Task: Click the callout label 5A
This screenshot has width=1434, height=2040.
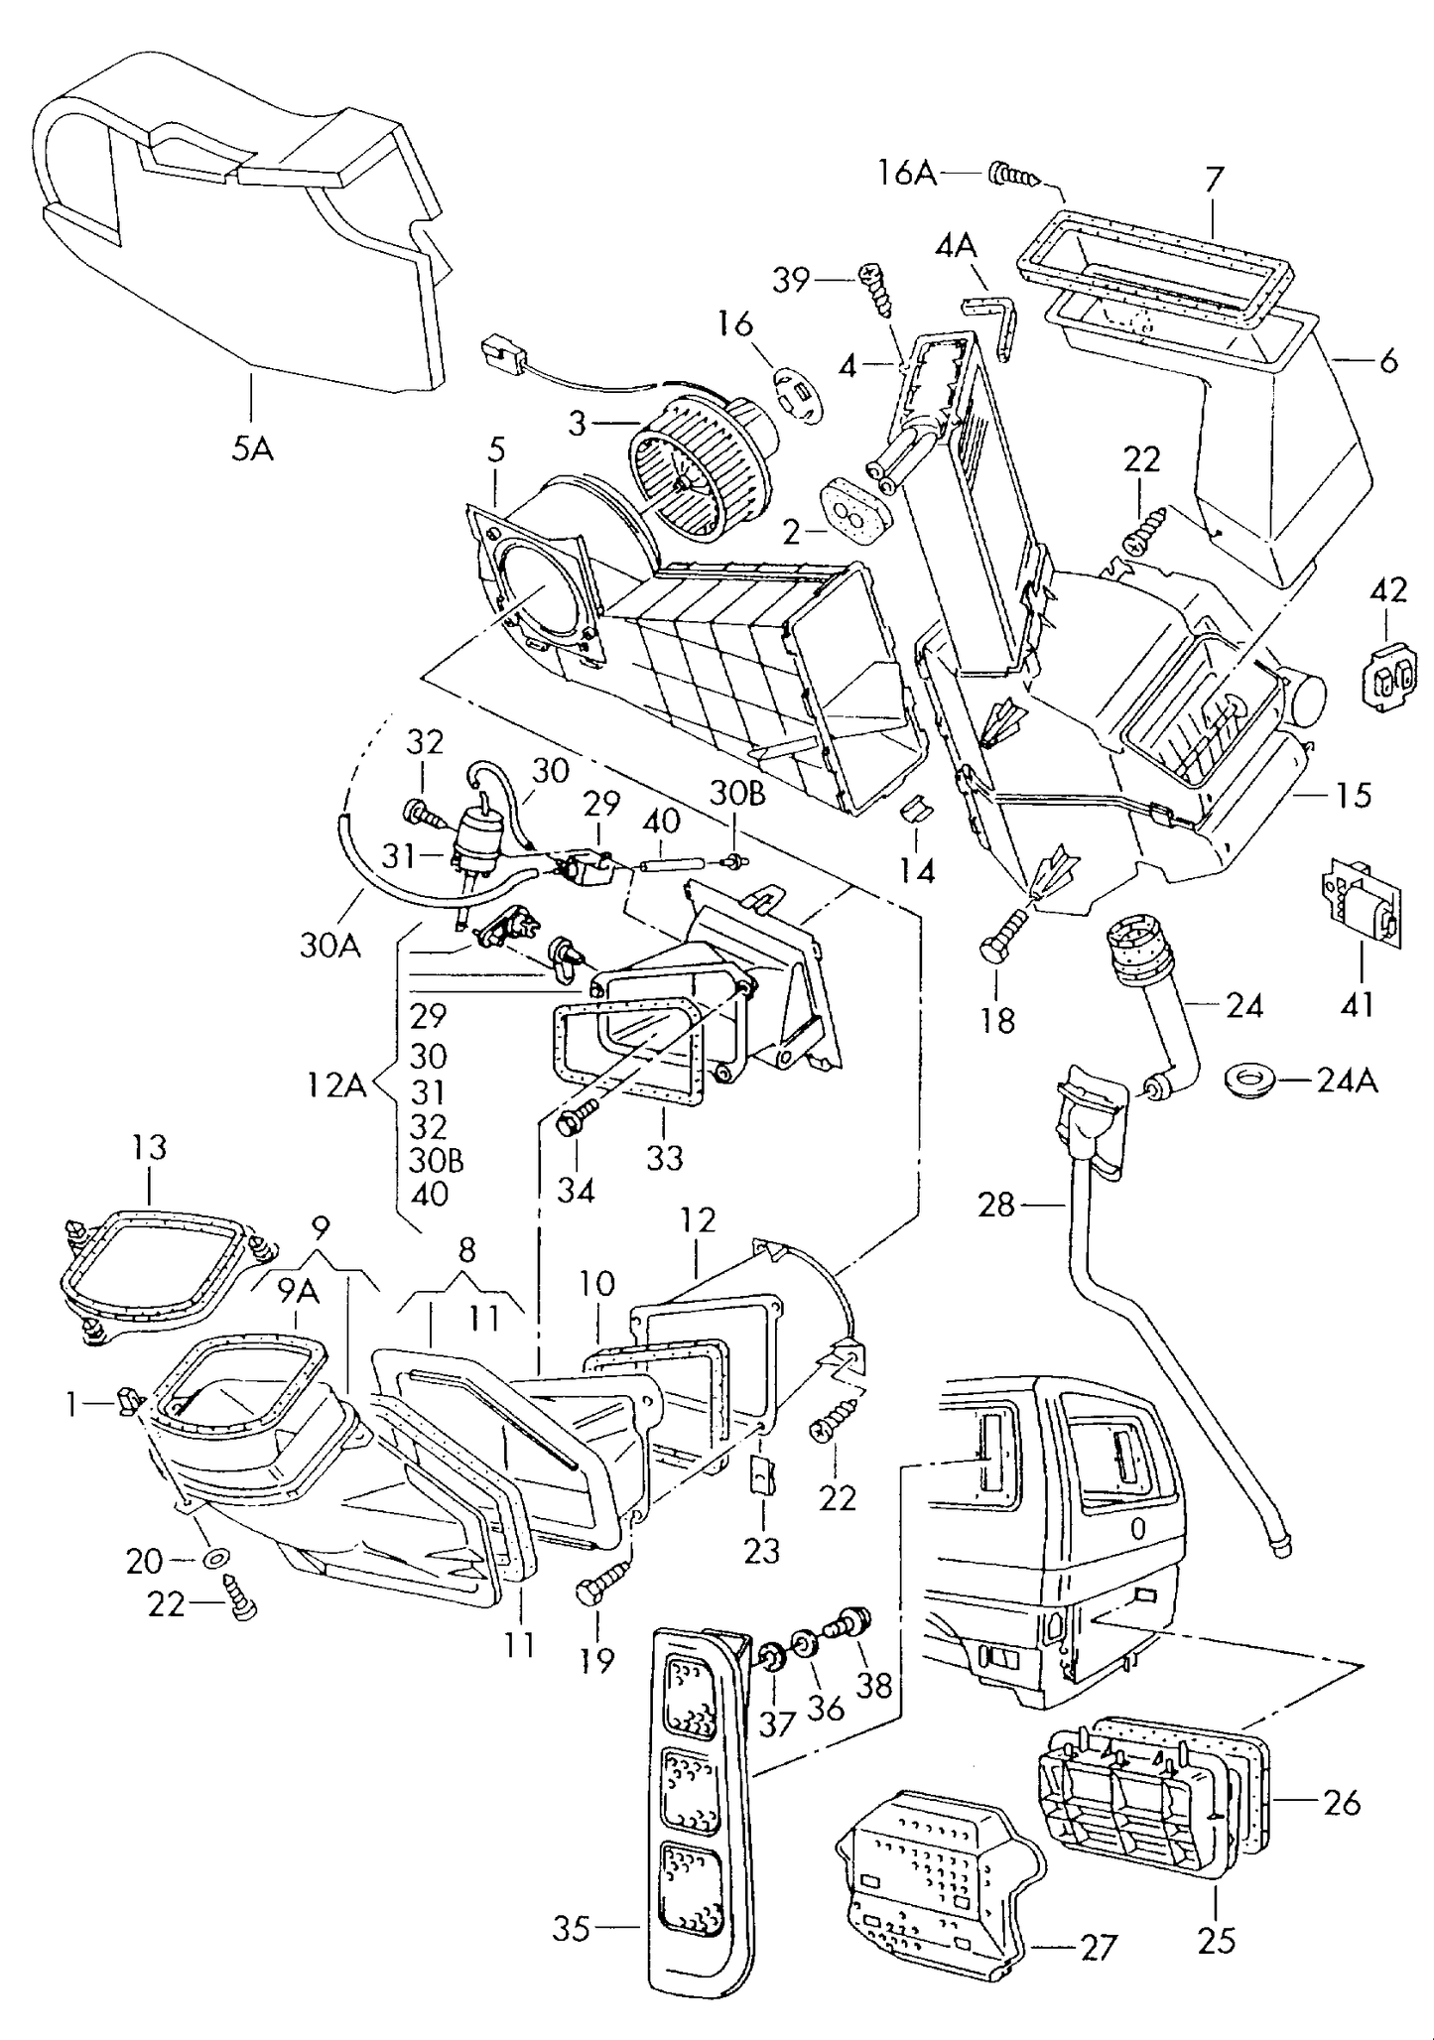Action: [x=252, y=448]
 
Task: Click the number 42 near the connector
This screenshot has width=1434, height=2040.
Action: [x=1387, y=590]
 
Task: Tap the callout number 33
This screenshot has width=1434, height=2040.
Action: [x=664, y=1157]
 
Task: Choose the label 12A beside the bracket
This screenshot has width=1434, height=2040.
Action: [x=335, y=1085]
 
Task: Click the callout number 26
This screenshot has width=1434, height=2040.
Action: [x=1342, y=1801]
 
